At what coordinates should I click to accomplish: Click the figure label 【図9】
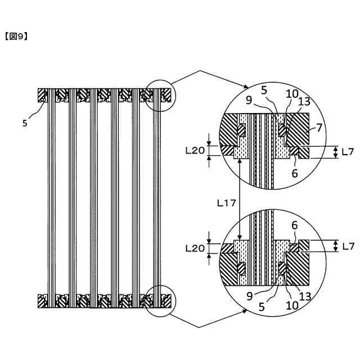(16, 37)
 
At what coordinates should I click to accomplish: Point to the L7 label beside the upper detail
(348, 151)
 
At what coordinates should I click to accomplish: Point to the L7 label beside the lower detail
(348, 246)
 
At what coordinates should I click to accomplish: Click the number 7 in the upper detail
(319, 128)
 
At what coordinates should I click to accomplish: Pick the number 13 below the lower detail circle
(304, 295)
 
